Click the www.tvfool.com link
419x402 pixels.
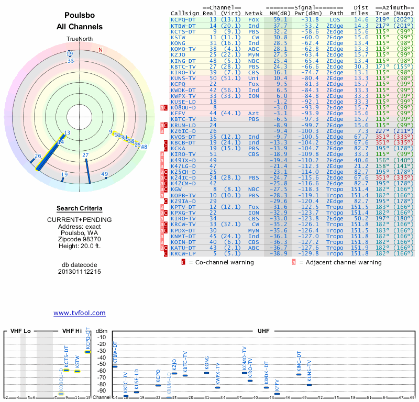[x=80, y=313]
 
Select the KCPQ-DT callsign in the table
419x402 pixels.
[x=183, y=19]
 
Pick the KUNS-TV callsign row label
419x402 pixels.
[x=183, y=78]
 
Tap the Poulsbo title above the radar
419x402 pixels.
[x=80, y=16]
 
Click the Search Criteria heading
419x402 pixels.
[x=80, y=208]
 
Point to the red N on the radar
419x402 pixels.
[x=101, y=50]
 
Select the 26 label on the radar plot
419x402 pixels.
[x=38, y=156]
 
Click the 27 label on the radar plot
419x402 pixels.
[x=85, y=155]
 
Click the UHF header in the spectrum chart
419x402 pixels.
[x=263, y=331]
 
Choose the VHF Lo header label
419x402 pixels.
[x=21, y=331]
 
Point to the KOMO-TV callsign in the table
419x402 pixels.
[x=183, y=49]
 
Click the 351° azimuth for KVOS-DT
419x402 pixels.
[x=383, y=137]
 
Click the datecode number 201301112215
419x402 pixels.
[x=80, y=272]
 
